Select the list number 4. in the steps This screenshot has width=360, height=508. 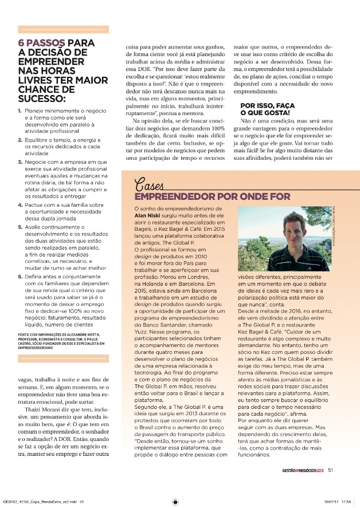pyautogui.click(x=21, y=204)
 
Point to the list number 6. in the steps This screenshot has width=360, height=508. pyautogui.click(x=21, y=276)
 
